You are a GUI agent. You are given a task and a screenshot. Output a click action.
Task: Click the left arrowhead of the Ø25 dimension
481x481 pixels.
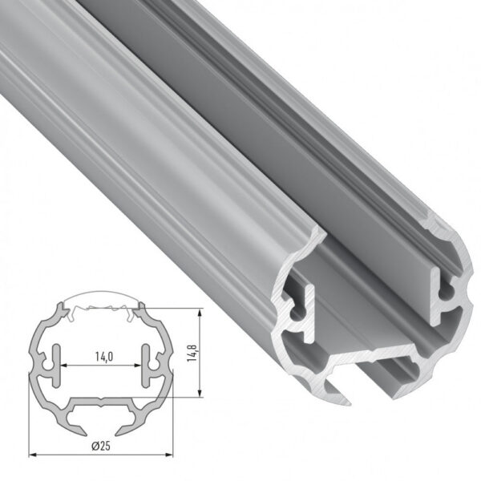click(32, 455)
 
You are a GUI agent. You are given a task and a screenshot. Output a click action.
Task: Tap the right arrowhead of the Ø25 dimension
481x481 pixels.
click(171, 455)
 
